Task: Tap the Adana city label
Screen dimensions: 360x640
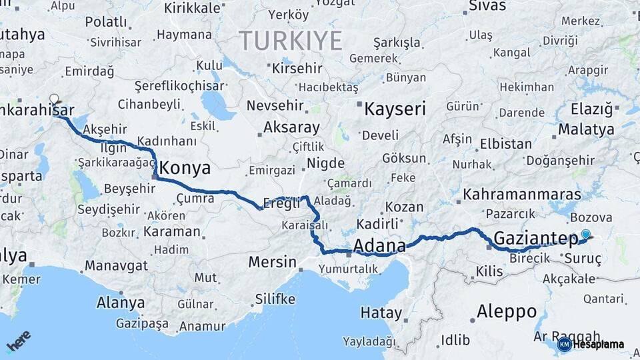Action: [379, 246]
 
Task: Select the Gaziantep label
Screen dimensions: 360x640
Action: [536, 239]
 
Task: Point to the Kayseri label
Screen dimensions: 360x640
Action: [395, 109]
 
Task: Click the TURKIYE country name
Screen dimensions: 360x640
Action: [291, 41]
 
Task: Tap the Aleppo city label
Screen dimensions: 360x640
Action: [507, 311]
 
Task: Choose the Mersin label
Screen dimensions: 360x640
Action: [271, 262]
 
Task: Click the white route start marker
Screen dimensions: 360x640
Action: [54, 99]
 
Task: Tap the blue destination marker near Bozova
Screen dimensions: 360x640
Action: [585, 234]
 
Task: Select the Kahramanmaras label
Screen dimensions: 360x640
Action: [522, 195]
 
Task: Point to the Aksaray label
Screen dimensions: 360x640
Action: [291, 127]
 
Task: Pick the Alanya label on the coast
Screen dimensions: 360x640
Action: [121, 303]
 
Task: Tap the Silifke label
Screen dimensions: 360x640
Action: [275, 299]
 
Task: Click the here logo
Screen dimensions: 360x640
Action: [19, 341]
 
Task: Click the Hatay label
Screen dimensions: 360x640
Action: [381, 313]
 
